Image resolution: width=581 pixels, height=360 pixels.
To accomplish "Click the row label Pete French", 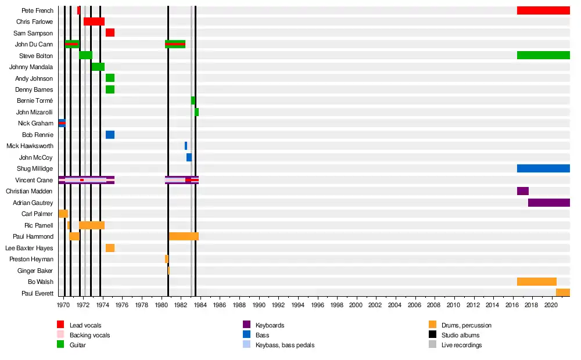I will pos(37,10).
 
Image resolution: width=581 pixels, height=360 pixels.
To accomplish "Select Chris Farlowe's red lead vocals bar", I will pos(94,21).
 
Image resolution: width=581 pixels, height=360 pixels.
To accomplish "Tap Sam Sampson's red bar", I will pos(110,33).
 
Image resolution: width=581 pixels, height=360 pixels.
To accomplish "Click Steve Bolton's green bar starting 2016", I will pos(543,55).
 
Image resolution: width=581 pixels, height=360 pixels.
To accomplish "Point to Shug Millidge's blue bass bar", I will pos(543,168).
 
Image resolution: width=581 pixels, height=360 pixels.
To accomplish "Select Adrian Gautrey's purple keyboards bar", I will pos(549,203).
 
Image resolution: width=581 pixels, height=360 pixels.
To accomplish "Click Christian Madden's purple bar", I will pos(522,191).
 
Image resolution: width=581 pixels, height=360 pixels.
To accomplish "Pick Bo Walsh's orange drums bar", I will pos(536,282).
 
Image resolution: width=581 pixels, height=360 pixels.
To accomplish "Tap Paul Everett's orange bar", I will pos(562,293).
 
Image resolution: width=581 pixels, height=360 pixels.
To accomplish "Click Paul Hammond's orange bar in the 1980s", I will pos(184,236).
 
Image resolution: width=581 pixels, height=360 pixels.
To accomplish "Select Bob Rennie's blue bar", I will pos(110,135).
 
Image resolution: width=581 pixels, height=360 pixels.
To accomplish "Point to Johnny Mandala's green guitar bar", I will pos(98,67).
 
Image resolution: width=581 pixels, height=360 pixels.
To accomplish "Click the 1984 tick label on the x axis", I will pos(200,305).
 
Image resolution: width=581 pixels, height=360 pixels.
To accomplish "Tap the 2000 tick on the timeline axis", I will pos(356,305).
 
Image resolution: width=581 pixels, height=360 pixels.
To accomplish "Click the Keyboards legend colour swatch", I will pos(246,325).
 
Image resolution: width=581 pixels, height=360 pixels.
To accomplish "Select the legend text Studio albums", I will pos(461,335).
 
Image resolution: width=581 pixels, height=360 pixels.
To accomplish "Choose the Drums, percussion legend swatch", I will pos(432,325).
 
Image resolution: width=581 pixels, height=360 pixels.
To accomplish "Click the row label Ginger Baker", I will pos(36,271).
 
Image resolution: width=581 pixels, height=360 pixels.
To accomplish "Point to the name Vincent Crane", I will pos(34,180).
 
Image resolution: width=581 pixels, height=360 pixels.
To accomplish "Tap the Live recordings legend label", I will pos(462,345).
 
